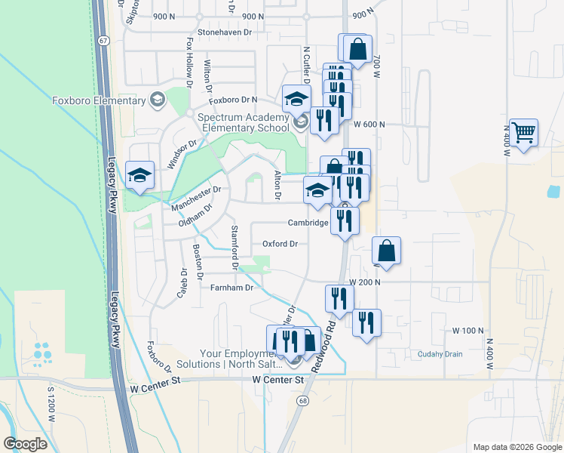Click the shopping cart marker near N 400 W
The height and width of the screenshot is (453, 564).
(x=523, y=134)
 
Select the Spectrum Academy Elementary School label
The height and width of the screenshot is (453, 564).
(x=243, y=122)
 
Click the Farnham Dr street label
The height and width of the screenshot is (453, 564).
(x=234, y=287)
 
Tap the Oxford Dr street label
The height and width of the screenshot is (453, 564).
(x=280, y=244)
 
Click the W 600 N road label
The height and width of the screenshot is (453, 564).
(x=367, y=125)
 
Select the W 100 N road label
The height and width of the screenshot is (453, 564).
(x=467, y=331)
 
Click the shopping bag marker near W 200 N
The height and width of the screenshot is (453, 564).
(x=386, y=251)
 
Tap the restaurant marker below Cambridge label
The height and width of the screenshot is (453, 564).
(x=345, y=220)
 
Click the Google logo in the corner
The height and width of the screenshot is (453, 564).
(x=26, y=444)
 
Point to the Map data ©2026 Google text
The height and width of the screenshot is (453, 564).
(x=517, y=447)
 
